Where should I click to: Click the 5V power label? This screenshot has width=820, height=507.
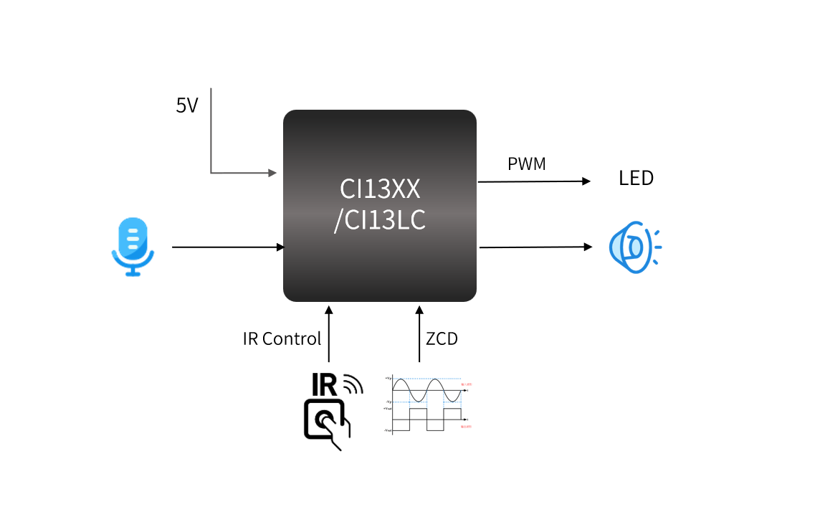coord(187,106)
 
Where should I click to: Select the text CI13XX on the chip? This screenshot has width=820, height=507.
coord(380,189)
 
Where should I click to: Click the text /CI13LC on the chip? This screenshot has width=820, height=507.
coord(380,220)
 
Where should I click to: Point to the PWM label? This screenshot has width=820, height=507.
coord(527,164)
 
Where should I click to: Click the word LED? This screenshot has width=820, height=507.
coord(637,179)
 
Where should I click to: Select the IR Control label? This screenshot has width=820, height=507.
coord(282,339)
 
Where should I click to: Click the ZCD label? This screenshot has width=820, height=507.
coord(442,339)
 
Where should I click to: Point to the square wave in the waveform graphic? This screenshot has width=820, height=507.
coord(427,420)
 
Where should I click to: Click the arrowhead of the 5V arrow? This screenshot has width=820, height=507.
coord(272,173)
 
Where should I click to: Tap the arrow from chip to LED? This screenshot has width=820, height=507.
coord(534,181)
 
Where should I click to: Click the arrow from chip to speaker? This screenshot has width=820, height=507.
coord(535,247)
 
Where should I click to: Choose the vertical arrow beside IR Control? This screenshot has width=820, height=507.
coord(329,334)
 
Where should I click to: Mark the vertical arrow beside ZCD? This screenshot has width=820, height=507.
coord(420,334)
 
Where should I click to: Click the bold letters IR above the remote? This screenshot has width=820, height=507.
coord(324,386)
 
